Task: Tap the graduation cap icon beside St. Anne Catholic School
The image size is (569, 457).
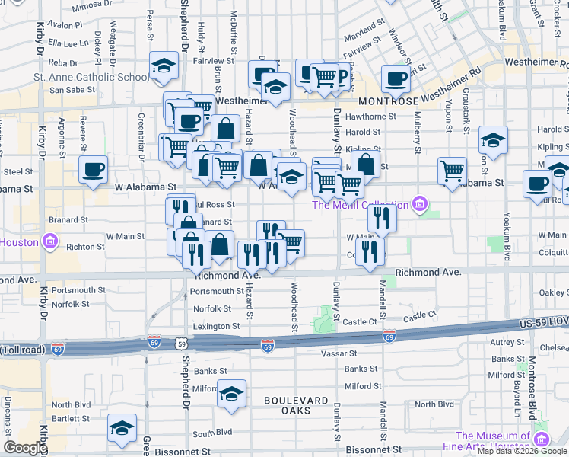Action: [163, 67]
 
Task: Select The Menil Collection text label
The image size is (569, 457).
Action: [361, 203]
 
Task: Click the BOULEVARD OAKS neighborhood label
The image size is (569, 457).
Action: [296, 405]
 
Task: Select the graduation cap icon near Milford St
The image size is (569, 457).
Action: [232, 394]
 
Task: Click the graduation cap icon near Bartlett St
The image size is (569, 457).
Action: [122, 429]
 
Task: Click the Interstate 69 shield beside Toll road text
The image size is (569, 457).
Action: [58, 350]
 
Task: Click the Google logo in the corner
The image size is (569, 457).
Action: [25, 448]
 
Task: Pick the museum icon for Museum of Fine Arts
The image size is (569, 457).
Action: [541, 439]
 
